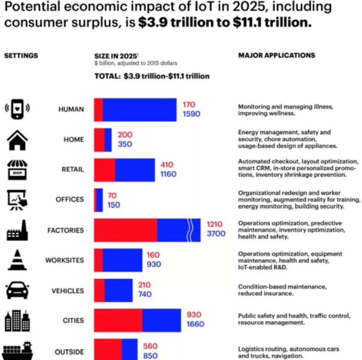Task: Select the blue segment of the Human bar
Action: [x=139, y=110]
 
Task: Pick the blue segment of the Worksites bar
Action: [x=122, y=260]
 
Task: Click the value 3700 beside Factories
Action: [x=216, y=234]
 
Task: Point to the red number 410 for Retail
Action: [x=167, y=165]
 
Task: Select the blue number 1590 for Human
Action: [x=191, y=114]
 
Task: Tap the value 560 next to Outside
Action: [x=150, y=346]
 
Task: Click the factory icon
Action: [x=17, y=230]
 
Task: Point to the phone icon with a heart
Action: [x=17, y=109]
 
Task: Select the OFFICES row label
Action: [x=70, y=199]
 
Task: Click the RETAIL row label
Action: [x=73, y=169]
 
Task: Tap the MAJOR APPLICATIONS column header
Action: [x=277, y=55]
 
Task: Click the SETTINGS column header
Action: [x=21, y=56]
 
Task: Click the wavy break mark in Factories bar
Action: [x=190, y=230]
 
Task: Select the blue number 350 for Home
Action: [x=125, y=144]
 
